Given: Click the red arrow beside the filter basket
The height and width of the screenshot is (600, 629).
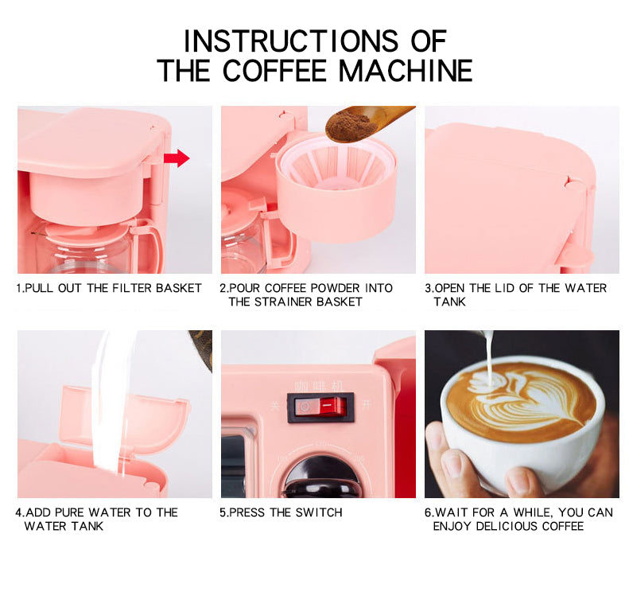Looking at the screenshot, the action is tap(177, 158).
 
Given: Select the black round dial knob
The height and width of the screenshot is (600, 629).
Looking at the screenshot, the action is tap(320, 477).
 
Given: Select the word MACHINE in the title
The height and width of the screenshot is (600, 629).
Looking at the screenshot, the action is tap(406, 71).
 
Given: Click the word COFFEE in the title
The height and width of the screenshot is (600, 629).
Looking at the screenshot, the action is tap(275, 71).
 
